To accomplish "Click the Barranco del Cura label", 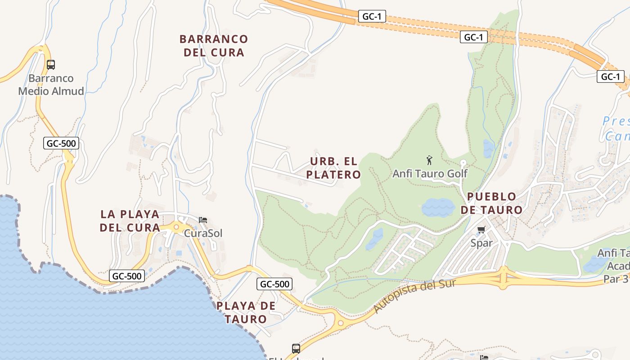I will point(214,45).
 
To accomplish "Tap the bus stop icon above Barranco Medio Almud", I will point(51,64).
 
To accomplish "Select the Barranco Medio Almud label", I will point(51,85).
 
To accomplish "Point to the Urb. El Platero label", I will point(333,168).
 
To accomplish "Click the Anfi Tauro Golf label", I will point(430,173).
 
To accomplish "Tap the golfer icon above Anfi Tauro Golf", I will point(429,160).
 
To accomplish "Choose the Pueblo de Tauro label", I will point(491,203).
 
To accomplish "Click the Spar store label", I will point(481,243).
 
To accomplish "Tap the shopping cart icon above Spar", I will point(481,230).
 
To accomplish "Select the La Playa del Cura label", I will point(130,220).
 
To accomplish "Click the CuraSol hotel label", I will point(203,233).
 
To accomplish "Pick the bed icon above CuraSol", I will point(203,220).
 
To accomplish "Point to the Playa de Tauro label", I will point(246,312).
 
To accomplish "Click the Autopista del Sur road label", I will point(414,296).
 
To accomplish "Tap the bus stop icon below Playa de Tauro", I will point(296,348).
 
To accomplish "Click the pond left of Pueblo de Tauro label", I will point(438,208).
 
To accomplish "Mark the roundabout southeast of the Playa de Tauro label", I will point(341,323).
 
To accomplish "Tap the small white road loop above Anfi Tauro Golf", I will point(463,163).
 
